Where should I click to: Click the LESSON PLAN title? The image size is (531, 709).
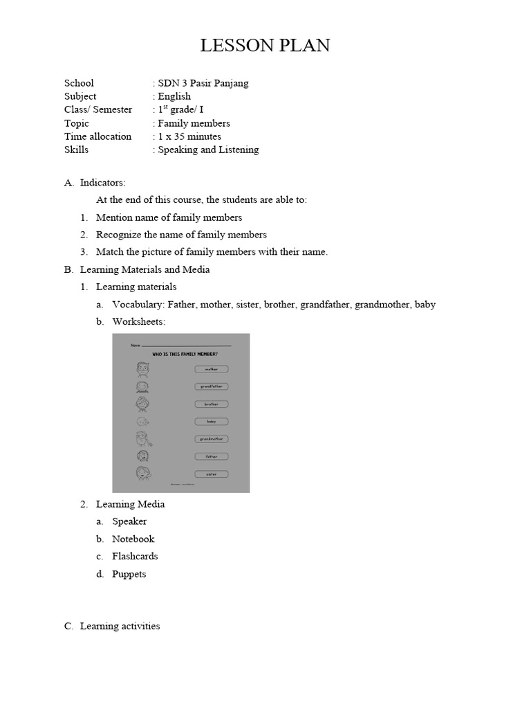tap(265, 46)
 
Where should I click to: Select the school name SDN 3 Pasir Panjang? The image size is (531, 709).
tap(203, 83)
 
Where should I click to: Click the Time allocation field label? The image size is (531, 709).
tap(97, 136)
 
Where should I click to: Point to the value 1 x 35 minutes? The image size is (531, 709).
tap(189, 136)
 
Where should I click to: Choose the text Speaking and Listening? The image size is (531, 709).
tap(208, 150)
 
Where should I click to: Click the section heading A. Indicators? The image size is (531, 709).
tap(95, 183)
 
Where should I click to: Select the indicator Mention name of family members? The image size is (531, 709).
tap(169, 217)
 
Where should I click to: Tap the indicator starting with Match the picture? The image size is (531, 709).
tap(212, 252)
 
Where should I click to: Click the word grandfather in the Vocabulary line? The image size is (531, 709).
tap(325, 305)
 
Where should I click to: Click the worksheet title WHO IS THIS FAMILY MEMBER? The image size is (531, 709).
tap(180, 354)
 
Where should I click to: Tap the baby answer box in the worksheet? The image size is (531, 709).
tap(211, 422)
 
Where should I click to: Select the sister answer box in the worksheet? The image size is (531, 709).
tap(211, 474)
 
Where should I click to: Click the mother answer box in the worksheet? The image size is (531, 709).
tap(211, 370)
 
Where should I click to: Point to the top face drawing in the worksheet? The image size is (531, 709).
tap(142, 369)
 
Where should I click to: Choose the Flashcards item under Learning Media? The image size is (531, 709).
tap(135, 556)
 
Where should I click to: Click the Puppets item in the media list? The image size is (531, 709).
tap(129, 574)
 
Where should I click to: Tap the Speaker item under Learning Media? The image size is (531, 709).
tap(129, 521)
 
